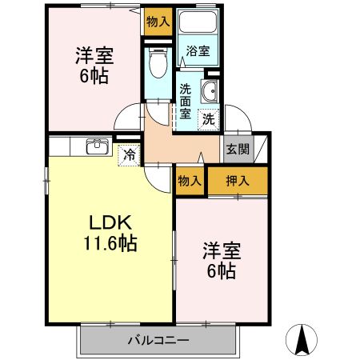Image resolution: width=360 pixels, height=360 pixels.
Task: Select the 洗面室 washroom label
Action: pos(186,101)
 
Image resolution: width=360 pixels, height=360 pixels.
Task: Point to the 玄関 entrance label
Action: pos(237,149)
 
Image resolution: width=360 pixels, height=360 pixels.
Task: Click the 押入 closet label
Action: pos(238,181)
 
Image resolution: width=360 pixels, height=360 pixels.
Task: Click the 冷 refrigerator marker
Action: pos(127,154)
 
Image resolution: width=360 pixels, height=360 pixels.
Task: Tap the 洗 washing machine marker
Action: pos(208,119)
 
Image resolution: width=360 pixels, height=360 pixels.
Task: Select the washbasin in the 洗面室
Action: pos(210,92)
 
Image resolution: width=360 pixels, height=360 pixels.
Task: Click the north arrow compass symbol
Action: pos(302,338)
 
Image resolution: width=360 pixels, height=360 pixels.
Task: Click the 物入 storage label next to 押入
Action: pos(190,181)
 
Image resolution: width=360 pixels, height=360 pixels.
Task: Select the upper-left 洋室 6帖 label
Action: pos(94,67)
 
